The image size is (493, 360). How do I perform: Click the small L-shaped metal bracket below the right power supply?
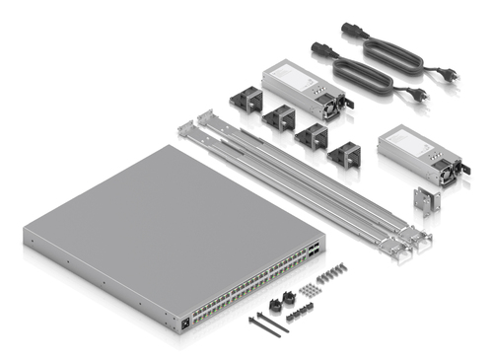(425, 201)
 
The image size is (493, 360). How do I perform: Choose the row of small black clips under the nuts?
(299, 314)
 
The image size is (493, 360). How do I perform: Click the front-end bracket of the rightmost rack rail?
(418, 240)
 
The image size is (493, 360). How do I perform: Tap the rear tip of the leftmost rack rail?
(182, 127)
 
